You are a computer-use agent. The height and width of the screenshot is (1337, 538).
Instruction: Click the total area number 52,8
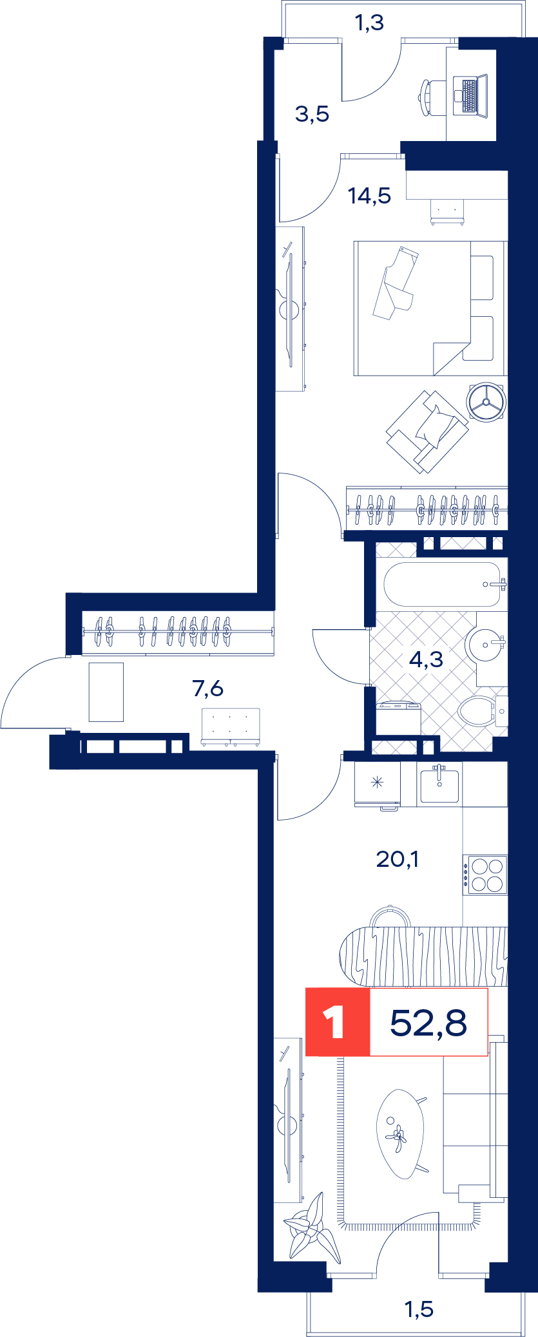[428, 1022]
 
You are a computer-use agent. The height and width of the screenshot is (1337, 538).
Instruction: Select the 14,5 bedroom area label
[369, 195]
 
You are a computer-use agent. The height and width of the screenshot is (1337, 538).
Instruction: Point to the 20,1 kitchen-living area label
[398, 858]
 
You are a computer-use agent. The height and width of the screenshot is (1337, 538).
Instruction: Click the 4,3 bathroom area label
[427, 659]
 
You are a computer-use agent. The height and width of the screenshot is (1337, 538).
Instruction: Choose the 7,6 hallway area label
[208, 688]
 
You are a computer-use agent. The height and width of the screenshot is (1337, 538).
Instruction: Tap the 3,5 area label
[312, 114]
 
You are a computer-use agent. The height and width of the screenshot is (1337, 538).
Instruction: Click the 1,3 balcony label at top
[369, 23]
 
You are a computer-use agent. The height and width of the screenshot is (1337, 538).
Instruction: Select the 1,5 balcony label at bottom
[419, 1309]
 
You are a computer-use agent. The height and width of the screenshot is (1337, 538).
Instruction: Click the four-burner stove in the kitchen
[485, 875]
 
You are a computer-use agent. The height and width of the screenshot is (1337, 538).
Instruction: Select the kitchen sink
[439, 784]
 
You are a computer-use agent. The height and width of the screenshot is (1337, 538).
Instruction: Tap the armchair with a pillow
[427, 431]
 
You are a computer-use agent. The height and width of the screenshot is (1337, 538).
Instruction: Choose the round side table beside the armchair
[486, 403]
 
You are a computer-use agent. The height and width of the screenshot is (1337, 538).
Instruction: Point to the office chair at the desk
[432, 97]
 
